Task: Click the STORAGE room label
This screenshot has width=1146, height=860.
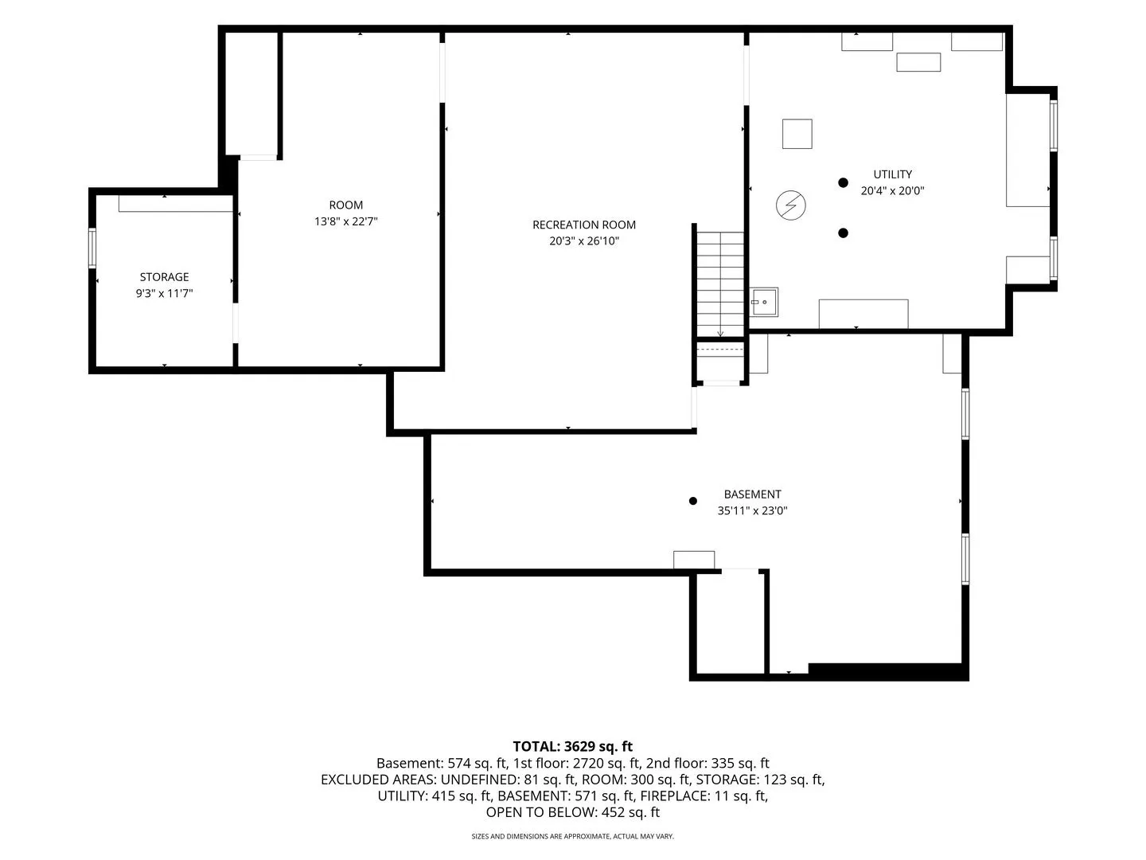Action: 164,277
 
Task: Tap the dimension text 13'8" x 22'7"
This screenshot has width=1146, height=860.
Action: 345,221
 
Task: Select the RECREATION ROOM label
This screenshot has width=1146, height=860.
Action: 583,225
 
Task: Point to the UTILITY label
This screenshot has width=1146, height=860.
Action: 892,174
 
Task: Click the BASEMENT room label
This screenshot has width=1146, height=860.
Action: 752,494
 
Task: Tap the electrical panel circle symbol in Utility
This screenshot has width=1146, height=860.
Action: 790,205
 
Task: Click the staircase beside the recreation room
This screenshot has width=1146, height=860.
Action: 720,284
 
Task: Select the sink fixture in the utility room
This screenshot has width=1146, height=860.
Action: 764,302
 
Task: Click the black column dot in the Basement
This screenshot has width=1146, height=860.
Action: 693,501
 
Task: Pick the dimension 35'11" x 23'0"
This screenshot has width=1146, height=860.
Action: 752,510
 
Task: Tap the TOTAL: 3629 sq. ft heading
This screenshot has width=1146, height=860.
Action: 573,747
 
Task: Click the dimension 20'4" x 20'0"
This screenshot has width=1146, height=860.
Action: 892,190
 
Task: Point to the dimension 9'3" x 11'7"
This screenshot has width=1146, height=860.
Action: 164,294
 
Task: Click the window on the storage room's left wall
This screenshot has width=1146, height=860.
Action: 92,248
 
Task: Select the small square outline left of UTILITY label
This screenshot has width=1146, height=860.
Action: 797,134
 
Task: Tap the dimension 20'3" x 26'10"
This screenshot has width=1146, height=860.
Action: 583,240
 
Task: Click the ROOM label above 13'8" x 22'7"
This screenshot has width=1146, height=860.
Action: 345,205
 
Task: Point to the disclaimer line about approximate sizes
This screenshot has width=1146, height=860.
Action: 573,836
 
